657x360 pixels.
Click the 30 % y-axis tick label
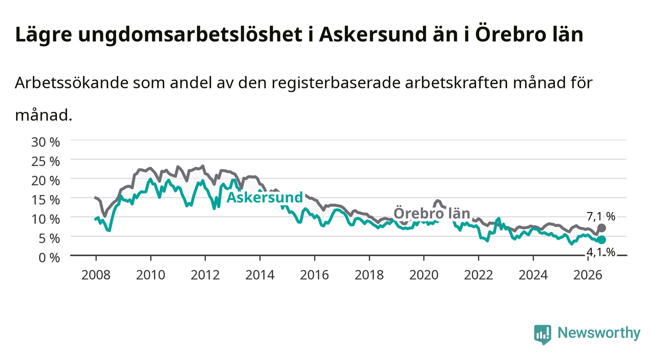(46, 142)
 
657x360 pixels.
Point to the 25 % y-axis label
(46, 162)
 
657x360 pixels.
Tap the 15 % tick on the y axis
(46, 200)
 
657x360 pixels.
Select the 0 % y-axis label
(49, 258)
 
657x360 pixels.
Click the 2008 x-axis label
(96, 275)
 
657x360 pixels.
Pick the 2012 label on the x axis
(205, 275)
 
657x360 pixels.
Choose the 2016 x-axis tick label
(314, 275)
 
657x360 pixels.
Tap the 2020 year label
(424, 275)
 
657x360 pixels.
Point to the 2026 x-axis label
(588, 275)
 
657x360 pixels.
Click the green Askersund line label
(265, 197)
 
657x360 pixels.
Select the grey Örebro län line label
(432, 213)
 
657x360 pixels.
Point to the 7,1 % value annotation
(601, 216)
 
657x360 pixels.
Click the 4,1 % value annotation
(601, 252)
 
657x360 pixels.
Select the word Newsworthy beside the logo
(599, 333)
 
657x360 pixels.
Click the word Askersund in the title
(373, 35)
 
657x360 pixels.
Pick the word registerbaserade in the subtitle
(336, 83)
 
